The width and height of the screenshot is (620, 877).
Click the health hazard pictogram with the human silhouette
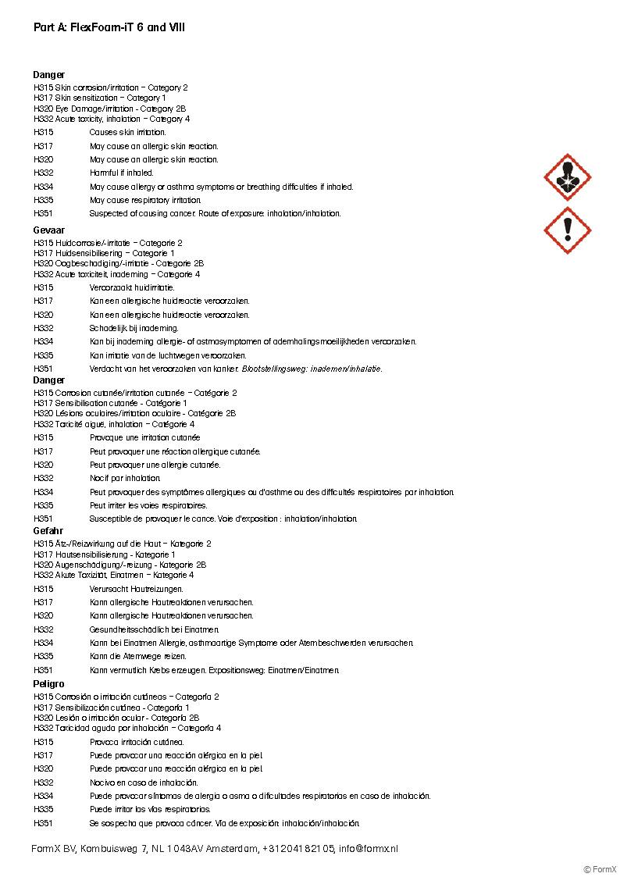(x=567, y=177)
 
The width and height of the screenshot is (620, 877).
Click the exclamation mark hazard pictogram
(x=567, y=230)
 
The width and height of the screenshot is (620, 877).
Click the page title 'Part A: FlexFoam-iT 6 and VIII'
(x=109, y=27)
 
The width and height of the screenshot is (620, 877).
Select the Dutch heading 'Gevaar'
(x=49, y=230)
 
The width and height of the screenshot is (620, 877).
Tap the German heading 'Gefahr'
(x=48, y=531)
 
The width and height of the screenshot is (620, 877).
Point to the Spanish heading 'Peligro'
(x=49, y=684)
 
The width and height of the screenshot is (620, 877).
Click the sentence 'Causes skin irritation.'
(x=127, y=133)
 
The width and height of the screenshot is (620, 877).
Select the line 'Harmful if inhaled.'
(x=121, y=173)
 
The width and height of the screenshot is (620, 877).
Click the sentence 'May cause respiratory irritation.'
(x=145, y=200)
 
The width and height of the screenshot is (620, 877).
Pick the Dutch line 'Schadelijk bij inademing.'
(x=134, y=328)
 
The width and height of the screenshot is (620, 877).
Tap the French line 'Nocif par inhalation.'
(x=125, y=478)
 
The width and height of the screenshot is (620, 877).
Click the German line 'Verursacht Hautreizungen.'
(x=137, y=589)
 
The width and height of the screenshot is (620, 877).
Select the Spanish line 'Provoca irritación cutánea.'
(x=137, y=742)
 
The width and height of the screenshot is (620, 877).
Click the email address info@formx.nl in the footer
(x=368, y=849)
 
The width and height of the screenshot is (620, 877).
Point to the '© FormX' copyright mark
(x=600, y=869)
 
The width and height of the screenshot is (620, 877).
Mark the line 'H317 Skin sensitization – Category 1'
(x=100, y=98)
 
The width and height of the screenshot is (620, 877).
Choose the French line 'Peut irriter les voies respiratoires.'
(x=148, y=505)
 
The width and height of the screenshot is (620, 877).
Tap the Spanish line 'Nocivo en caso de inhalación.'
(x=144, y=783)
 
